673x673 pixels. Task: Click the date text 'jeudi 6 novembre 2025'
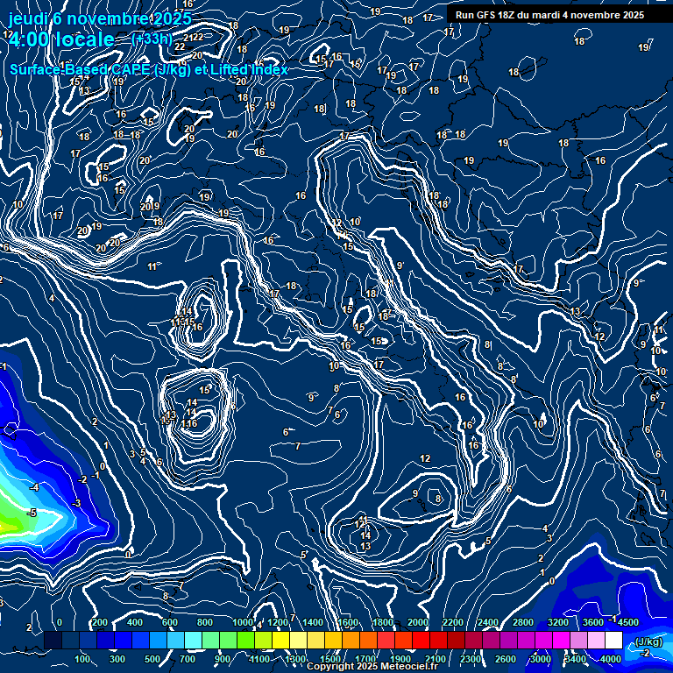click(99, 18)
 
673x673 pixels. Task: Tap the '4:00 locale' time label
click(60, 39)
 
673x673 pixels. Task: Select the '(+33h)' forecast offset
click(150, 39)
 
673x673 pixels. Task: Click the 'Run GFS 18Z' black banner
click(549, 15)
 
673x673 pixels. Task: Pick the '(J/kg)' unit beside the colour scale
click(648, 641)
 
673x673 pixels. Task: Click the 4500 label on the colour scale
click(628, 623)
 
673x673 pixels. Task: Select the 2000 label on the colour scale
click(418, 623)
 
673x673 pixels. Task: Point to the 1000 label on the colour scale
click(242, 623)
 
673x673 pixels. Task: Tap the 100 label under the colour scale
click(83, 659)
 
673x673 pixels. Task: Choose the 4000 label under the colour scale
click(611, 659)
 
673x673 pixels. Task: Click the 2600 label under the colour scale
click(506, 659)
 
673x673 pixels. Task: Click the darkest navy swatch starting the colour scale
click(53, 641)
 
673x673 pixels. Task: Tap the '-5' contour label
click(32, 513)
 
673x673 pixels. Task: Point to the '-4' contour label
click(34, 487)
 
